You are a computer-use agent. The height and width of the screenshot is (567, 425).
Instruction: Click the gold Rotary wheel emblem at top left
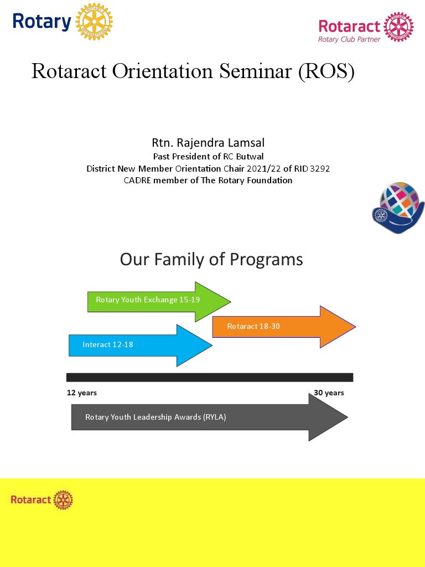[94, 22]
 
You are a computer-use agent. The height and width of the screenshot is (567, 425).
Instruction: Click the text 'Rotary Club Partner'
[349, 39]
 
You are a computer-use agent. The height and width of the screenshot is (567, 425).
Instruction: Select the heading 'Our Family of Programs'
[211, 259]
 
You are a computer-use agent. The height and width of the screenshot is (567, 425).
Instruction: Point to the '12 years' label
[82, 393]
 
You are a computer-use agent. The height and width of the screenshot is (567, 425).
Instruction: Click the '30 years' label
[329, 393]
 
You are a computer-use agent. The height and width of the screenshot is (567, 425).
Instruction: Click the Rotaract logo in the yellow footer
[42, 500]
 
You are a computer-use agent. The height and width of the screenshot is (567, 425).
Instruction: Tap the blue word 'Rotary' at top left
[42, 22]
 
